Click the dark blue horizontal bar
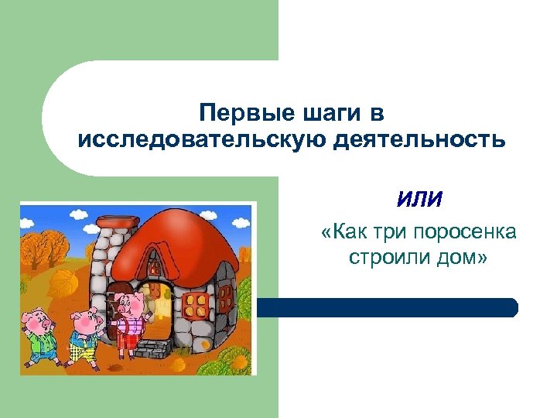pos(387,307)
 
